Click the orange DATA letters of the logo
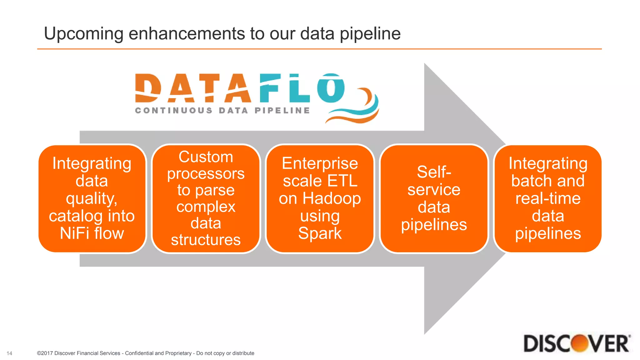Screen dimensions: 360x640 pos(193,88)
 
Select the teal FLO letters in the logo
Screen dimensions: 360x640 pos(302,88)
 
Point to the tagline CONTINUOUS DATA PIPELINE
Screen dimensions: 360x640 pos(222,111)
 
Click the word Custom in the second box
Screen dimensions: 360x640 pos(206,157)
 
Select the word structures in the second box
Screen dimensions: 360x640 pos(206,240)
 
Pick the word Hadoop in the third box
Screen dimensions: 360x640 pos(332,198)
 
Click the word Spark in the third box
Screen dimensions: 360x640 pos(320,233)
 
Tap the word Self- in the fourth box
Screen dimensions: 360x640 pos(434,172)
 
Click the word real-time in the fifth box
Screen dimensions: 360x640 pos(548,198)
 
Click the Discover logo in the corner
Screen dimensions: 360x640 pos(577,343)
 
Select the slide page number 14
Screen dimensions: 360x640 pos(9,353)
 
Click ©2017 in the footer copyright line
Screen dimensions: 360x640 pos(45,353)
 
